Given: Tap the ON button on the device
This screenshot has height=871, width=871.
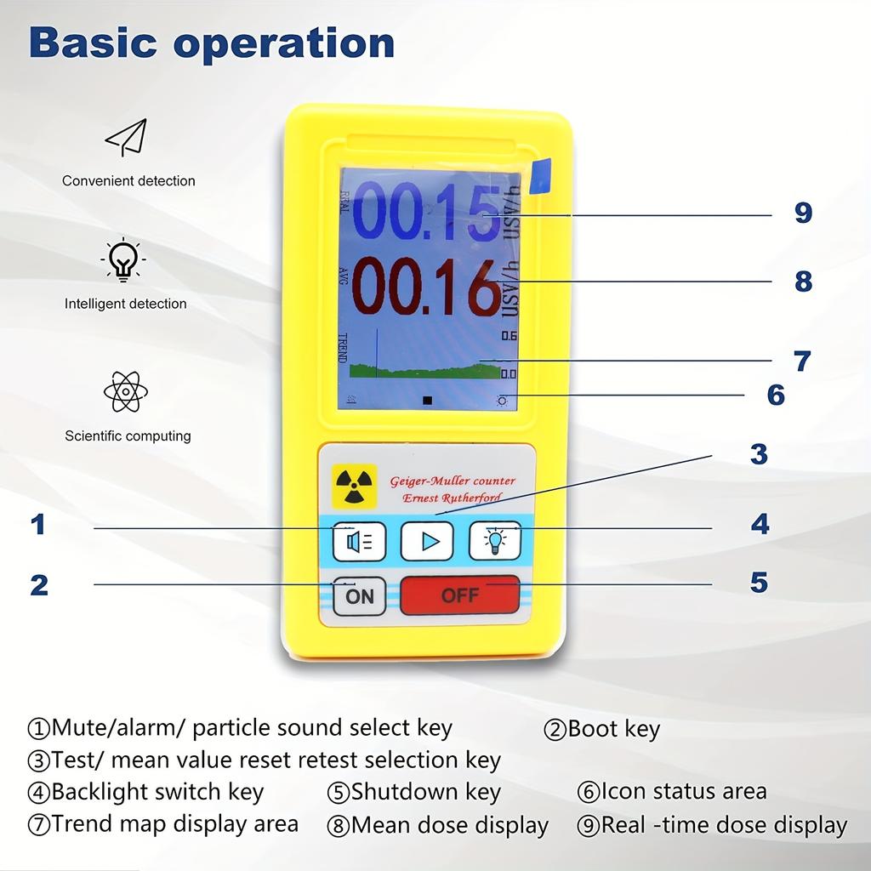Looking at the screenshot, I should (359, 595).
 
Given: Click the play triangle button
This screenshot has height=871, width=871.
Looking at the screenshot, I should (426, 541).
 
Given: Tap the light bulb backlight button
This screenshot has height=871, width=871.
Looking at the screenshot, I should (495, 541).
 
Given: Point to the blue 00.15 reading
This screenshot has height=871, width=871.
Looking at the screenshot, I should (425, 213).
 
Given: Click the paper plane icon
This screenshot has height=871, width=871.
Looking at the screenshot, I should (127, 137).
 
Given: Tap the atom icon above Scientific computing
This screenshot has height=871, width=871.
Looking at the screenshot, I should (126, 391).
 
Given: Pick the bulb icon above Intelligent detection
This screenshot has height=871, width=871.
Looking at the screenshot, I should (124, 259).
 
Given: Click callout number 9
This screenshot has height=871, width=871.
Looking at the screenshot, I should (803, 213).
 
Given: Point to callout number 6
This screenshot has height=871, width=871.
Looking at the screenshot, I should (776, 395).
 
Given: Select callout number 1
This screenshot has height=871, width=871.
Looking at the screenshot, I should (37, 525).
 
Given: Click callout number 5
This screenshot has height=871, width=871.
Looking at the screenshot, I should (759, 583).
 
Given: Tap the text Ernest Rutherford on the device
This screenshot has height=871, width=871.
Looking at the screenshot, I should (452, 498).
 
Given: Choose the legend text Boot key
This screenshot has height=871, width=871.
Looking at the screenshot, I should (612, 729).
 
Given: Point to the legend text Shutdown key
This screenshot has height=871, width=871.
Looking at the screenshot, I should (425, 792).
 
